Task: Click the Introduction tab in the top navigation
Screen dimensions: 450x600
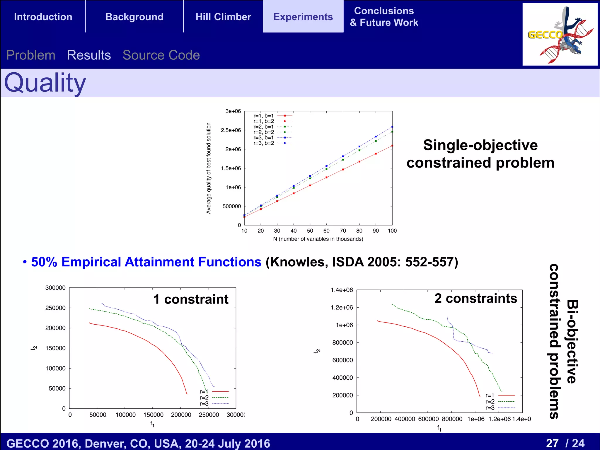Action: pos(43,17)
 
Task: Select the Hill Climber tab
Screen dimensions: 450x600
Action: pos(223,17)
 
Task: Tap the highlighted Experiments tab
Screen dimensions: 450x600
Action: pos(303,17)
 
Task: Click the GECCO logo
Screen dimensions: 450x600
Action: pos(560,35)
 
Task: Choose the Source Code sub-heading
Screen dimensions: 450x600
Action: pos(161,55)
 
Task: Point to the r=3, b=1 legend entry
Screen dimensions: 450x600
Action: pos(264,138)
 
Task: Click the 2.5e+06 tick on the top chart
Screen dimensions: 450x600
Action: pos(231,130)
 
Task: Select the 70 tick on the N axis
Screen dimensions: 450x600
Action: pos(343,231)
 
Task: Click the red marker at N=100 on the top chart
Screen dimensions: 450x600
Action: pos(392,146)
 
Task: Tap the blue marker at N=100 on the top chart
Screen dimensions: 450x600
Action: pos(392,127)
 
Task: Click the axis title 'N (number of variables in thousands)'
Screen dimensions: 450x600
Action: pos(318,239)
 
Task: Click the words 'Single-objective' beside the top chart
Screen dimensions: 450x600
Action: pos(480,145)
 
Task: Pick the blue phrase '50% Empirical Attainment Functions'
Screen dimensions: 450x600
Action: pos(146,262)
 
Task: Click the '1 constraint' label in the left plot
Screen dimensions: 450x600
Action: pos(191,299)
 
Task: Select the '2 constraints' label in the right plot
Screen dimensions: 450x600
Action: pos(475,299)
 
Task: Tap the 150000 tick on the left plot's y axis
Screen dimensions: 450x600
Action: pos(55,348)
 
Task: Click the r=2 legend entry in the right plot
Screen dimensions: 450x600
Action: pos(490,402)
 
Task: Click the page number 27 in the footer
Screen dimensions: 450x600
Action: pos(552,443)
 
